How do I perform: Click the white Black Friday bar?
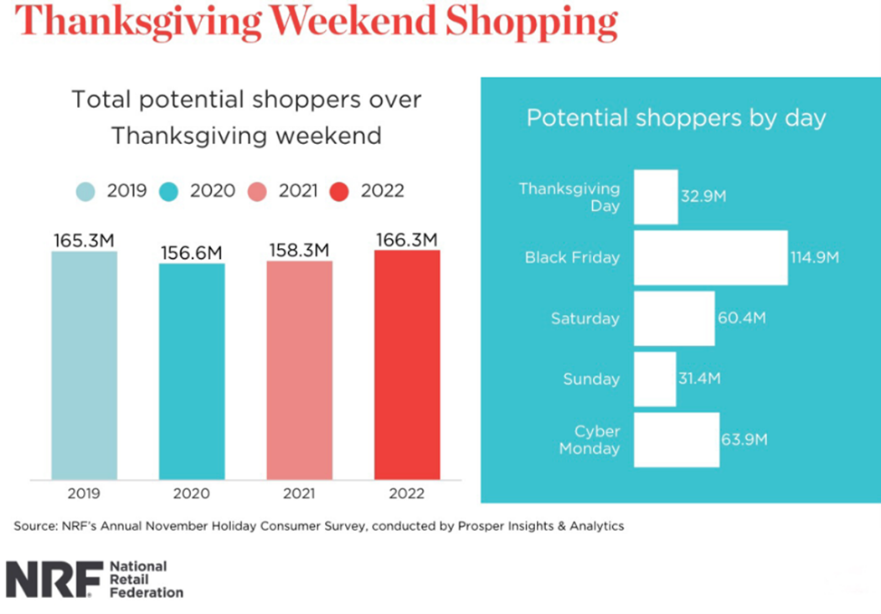pos(710,257)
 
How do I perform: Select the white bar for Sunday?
pos(654,379)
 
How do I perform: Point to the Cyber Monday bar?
pos(676,440)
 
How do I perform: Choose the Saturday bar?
pos(673,318)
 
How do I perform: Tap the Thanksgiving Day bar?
pos(655,197)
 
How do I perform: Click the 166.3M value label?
pos(407,240)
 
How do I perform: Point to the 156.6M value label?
pos(192,252)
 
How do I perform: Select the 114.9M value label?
pos(814,257)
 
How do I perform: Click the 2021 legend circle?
pos(257,191)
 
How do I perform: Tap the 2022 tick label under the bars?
pos(407,493)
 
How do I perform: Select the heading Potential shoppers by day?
pos(676,118)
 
